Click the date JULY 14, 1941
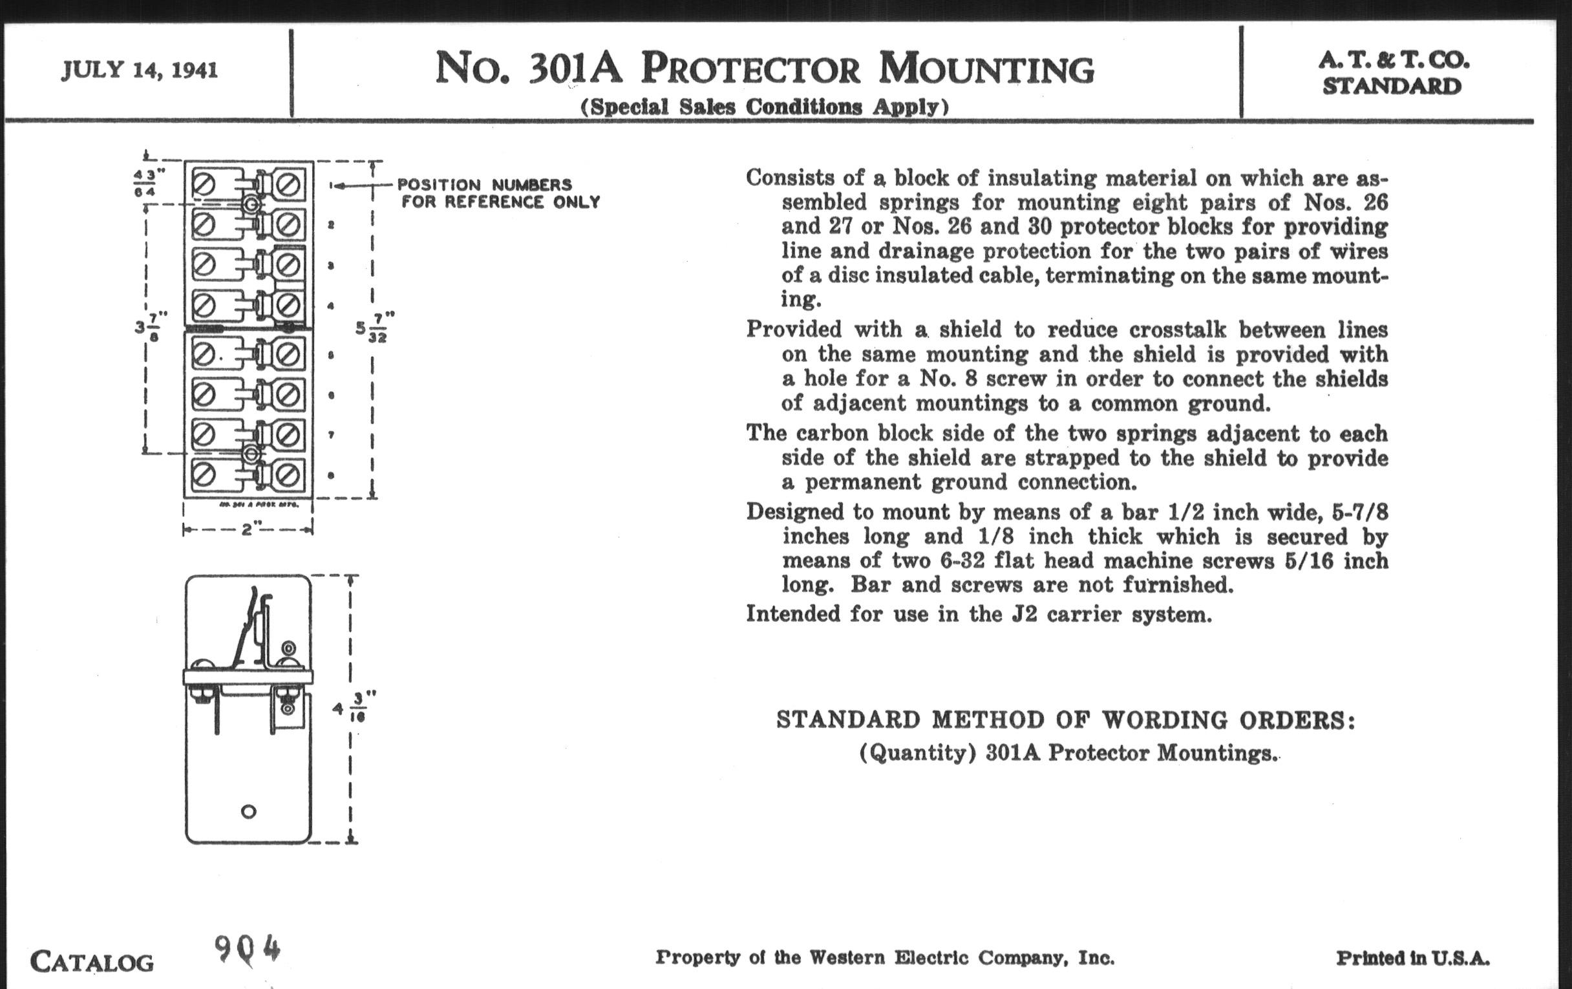pyautogui.click(x=140, y=70)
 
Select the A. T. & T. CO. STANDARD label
pyautogui.click(x=1392, y=73)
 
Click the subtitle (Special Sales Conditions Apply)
pyautogui.click(x=764, y=107)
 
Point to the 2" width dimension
pyautogui.click(x=247, y=529)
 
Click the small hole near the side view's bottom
pyautogui.click(x=249, y=812)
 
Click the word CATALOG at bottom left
pyautogui.click(x=92, y=962)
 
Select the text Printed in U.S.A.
pyautogui.click(x=1412, y=959)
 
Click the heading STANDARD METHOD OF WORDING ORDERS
pyautogui.click(x=1065, y=719)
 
